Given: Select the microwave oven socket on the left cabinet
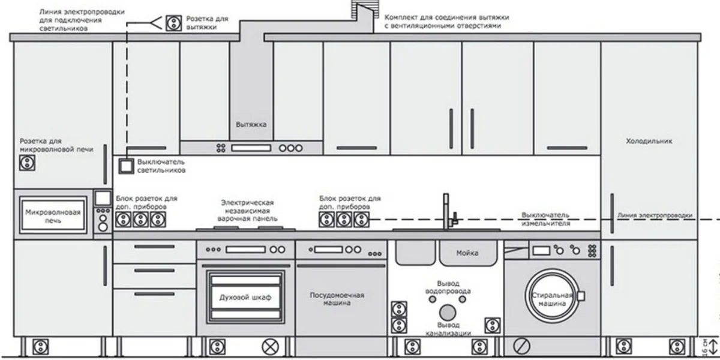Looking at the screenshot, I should pos(27,162).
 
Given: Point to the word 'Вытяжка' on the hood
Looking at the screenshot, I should pos(251,125).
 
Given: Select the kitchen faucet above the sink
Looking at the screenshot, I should pos(448,211).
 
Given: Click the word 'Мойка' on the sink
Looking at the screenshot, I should pos(467,253).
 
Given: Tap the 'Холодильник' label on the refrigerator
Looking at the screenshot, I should pos(649,141).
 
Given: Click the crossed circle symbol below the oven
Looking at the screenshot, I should pos(270,347).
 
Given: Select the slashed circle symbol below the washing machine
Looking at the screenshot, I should pos(521,347).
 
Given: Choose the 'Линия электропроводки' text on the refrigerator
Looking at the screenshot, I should pos(655,215).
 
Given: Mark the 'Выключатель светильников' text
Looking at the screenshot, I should pos(161,166).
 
